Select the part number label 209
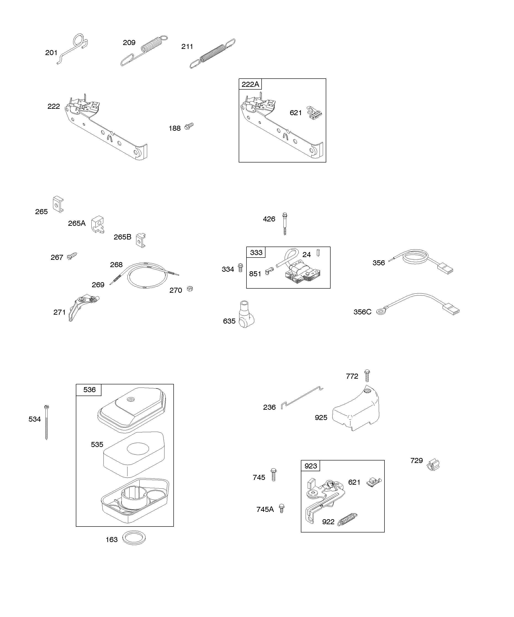pyautogui.click(x=129, y=43)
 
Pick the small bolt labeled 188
pyautogui.click(x=189, y=126)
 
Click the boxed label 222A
pyautogui.click(x=250, y=84)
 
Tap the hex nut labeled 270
pyautogui.click(x=190, y=289)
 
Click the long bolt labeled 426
pyautogui.click(x=284, y=223)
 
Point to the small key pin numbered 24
pyautogui.click(x=318, y=253)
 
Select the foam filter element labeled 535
pyautogui.click(x=134, y=455)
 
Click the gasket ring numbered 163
pyautogui.click(x=134, y=538)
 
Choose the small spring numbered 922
pyautogui.click(x=347, y=519)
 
